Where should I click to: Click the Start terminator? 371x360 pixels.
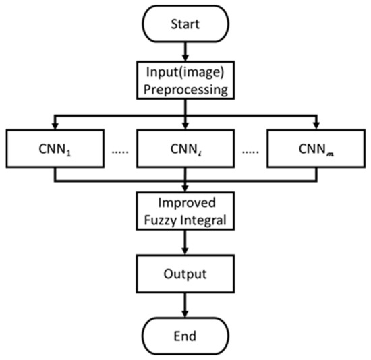click(x=185, y=26)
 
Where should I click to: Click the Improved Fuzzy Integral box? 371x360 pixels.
click(x=185, y=212)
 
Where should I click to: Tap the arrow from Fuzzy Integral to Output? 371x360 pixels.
click(x=185, y=243)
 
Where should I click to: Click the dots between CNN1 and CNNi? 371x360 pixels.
click(x=120, y=149)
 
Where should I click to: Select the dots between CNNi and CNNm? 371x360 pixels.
click(x=250, y=149)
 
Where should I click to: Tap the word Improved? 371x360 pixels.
click(x=185, y=204)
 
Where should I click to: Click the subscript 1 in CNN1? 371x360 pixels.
click(x=70, y=152)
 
